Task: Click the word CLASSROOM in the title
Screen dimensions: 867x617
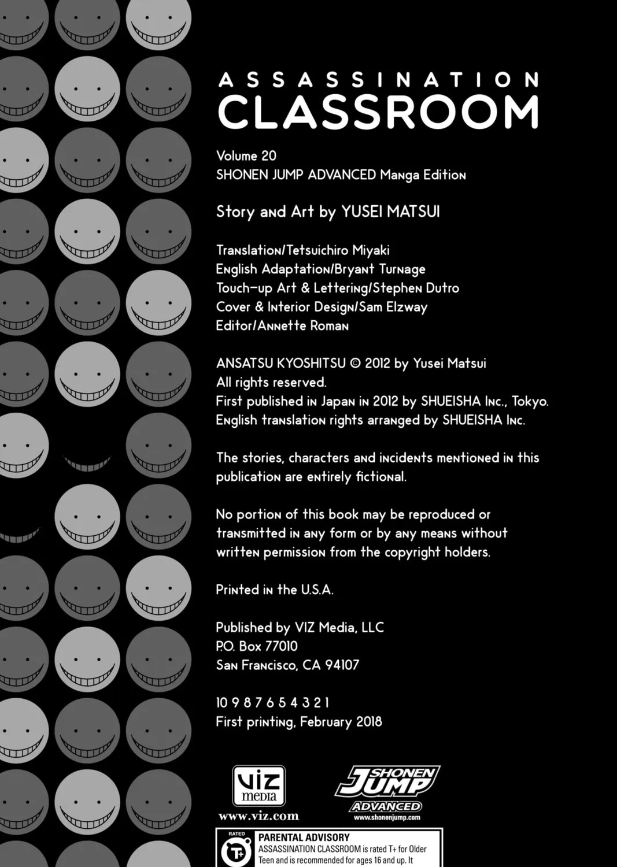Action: pos(378,112)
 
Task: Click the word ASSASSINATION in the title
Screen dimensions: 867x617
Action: pos(378,80)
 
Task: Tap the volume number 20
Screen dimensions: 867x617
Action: pos(268,156)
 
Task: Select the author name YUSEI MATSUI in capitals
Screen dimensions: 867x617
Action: pos(390,212)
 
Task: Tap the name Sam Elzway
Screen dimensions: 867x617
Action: pos(393,307)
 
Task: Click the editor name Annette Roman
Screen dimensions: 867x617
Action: pos(303,326)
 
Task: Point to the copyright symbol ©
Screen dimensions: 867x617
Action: pos(355,364)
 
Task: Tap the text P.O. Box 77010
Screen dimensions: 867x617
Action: pos(257,646)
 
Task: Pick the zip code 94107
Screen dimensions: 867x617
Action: pos(342,665)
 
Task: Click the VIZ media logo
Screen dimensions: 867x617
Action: pos(258,785)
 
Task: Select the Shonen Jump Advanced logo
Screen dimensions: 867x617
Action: pos(387,789)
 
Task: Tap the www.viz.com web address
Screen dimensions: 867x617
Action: pos(258,817)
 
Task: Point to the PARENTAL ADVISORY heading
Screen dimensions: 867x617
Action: pos(304,838)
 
